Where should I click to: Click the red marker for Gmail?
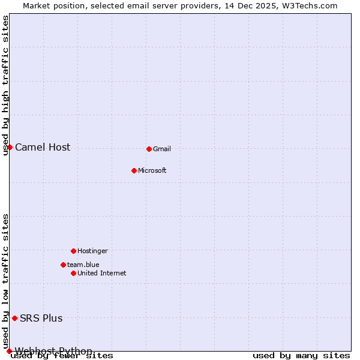(x=149, y=149)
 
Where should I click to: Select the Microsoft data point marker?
(x=134, y=170)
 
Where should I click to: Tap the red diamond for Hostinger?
(x=73, y=251)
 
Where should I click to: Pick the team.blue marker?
(x=63, y=265)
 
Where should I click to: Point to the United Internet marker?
(x=73, y=273)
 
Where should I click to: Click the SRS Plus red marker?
(x=14, y=318)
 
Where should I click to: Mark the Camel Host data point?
(x=10, y=147)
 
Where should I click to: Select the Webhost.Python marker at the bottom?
(x=9, y=351)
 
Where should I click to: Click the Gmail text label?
(x=162, y=149)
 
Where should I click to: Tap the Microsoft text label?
(x=152, y=170)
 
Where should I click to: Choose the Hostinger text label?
(x=92, y=251)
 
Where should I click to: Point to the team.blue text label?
(x=83, y=265)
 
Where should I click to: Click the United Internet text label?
(x=101, y=273)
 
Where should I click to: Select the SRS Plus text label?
(x=41, y=318)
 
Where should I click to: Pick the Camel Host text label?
(x=43, y=147)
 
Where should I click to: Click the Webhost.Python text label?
(x=53, y=351)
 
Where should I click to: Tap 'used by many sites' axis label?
(x=301, y=356)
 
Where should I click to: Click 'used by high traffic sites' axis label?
(x=6, y=85)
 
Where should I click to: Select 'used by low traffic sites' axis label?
(x=6, y=281)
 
